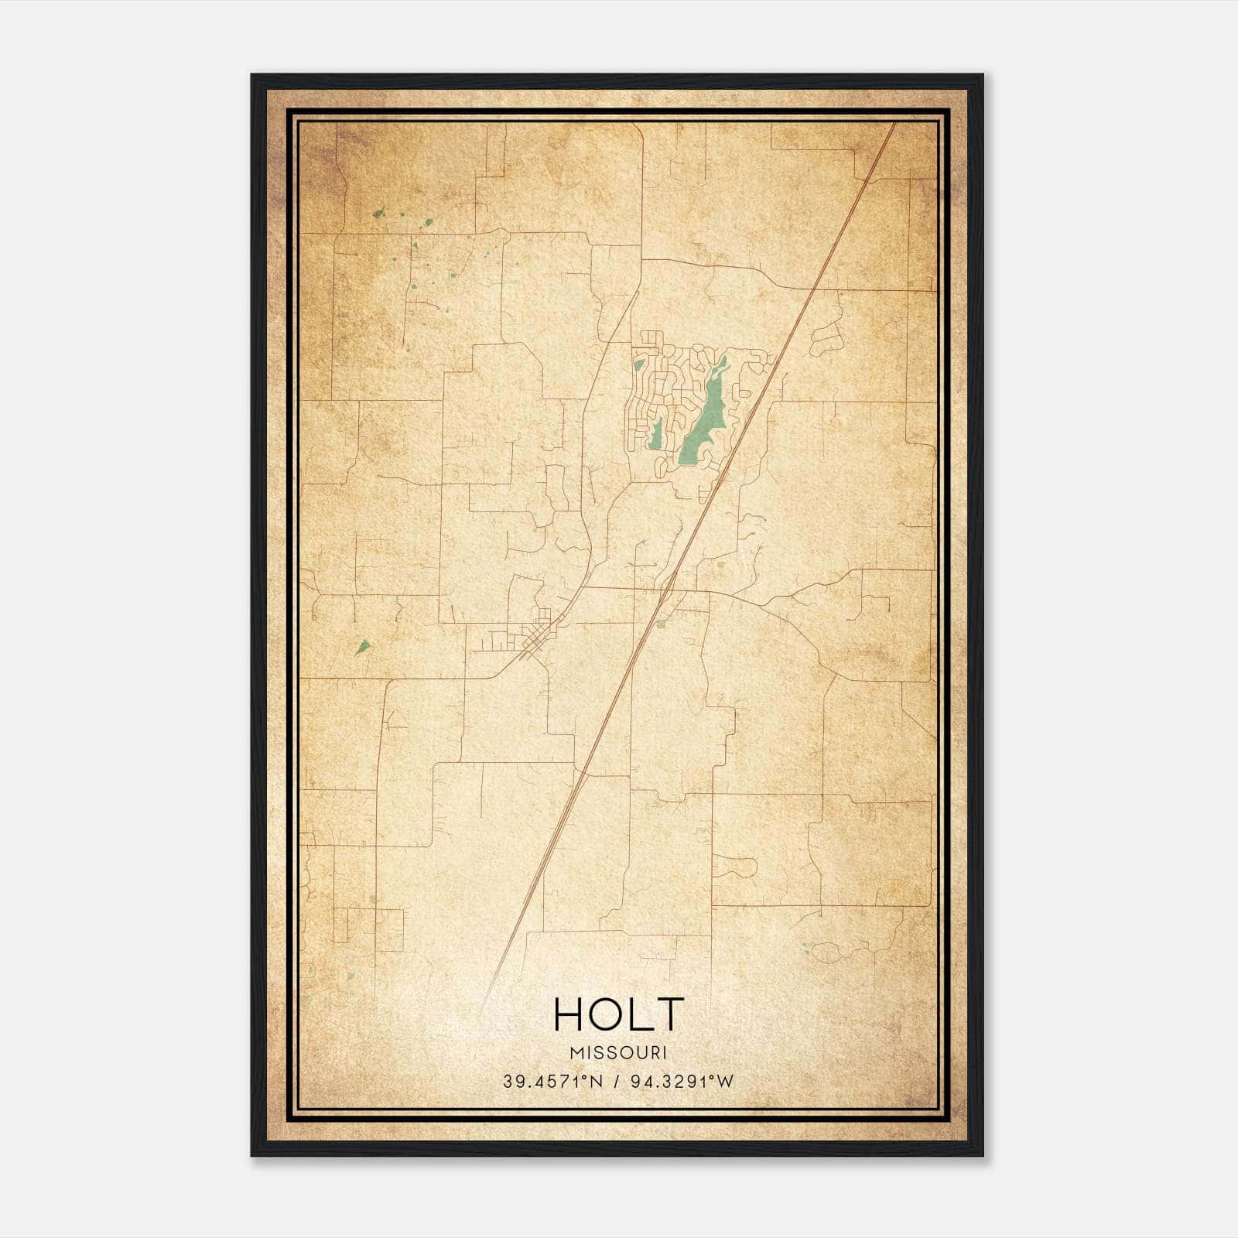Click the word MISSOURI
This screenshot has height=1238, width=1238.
pos(618,1052)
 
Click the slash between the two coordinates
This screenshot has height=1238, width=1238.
pos(617,1082)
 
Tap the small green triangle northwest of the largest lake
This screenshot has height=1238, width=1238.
pos(638,364)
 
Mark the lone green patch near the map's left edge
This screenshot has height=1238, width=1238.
pos(362,647)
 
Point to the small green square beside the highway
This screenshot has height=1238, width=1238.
pos(661,624)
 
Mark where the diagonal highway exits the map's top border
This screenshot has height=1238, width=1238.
pos(894,124)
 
